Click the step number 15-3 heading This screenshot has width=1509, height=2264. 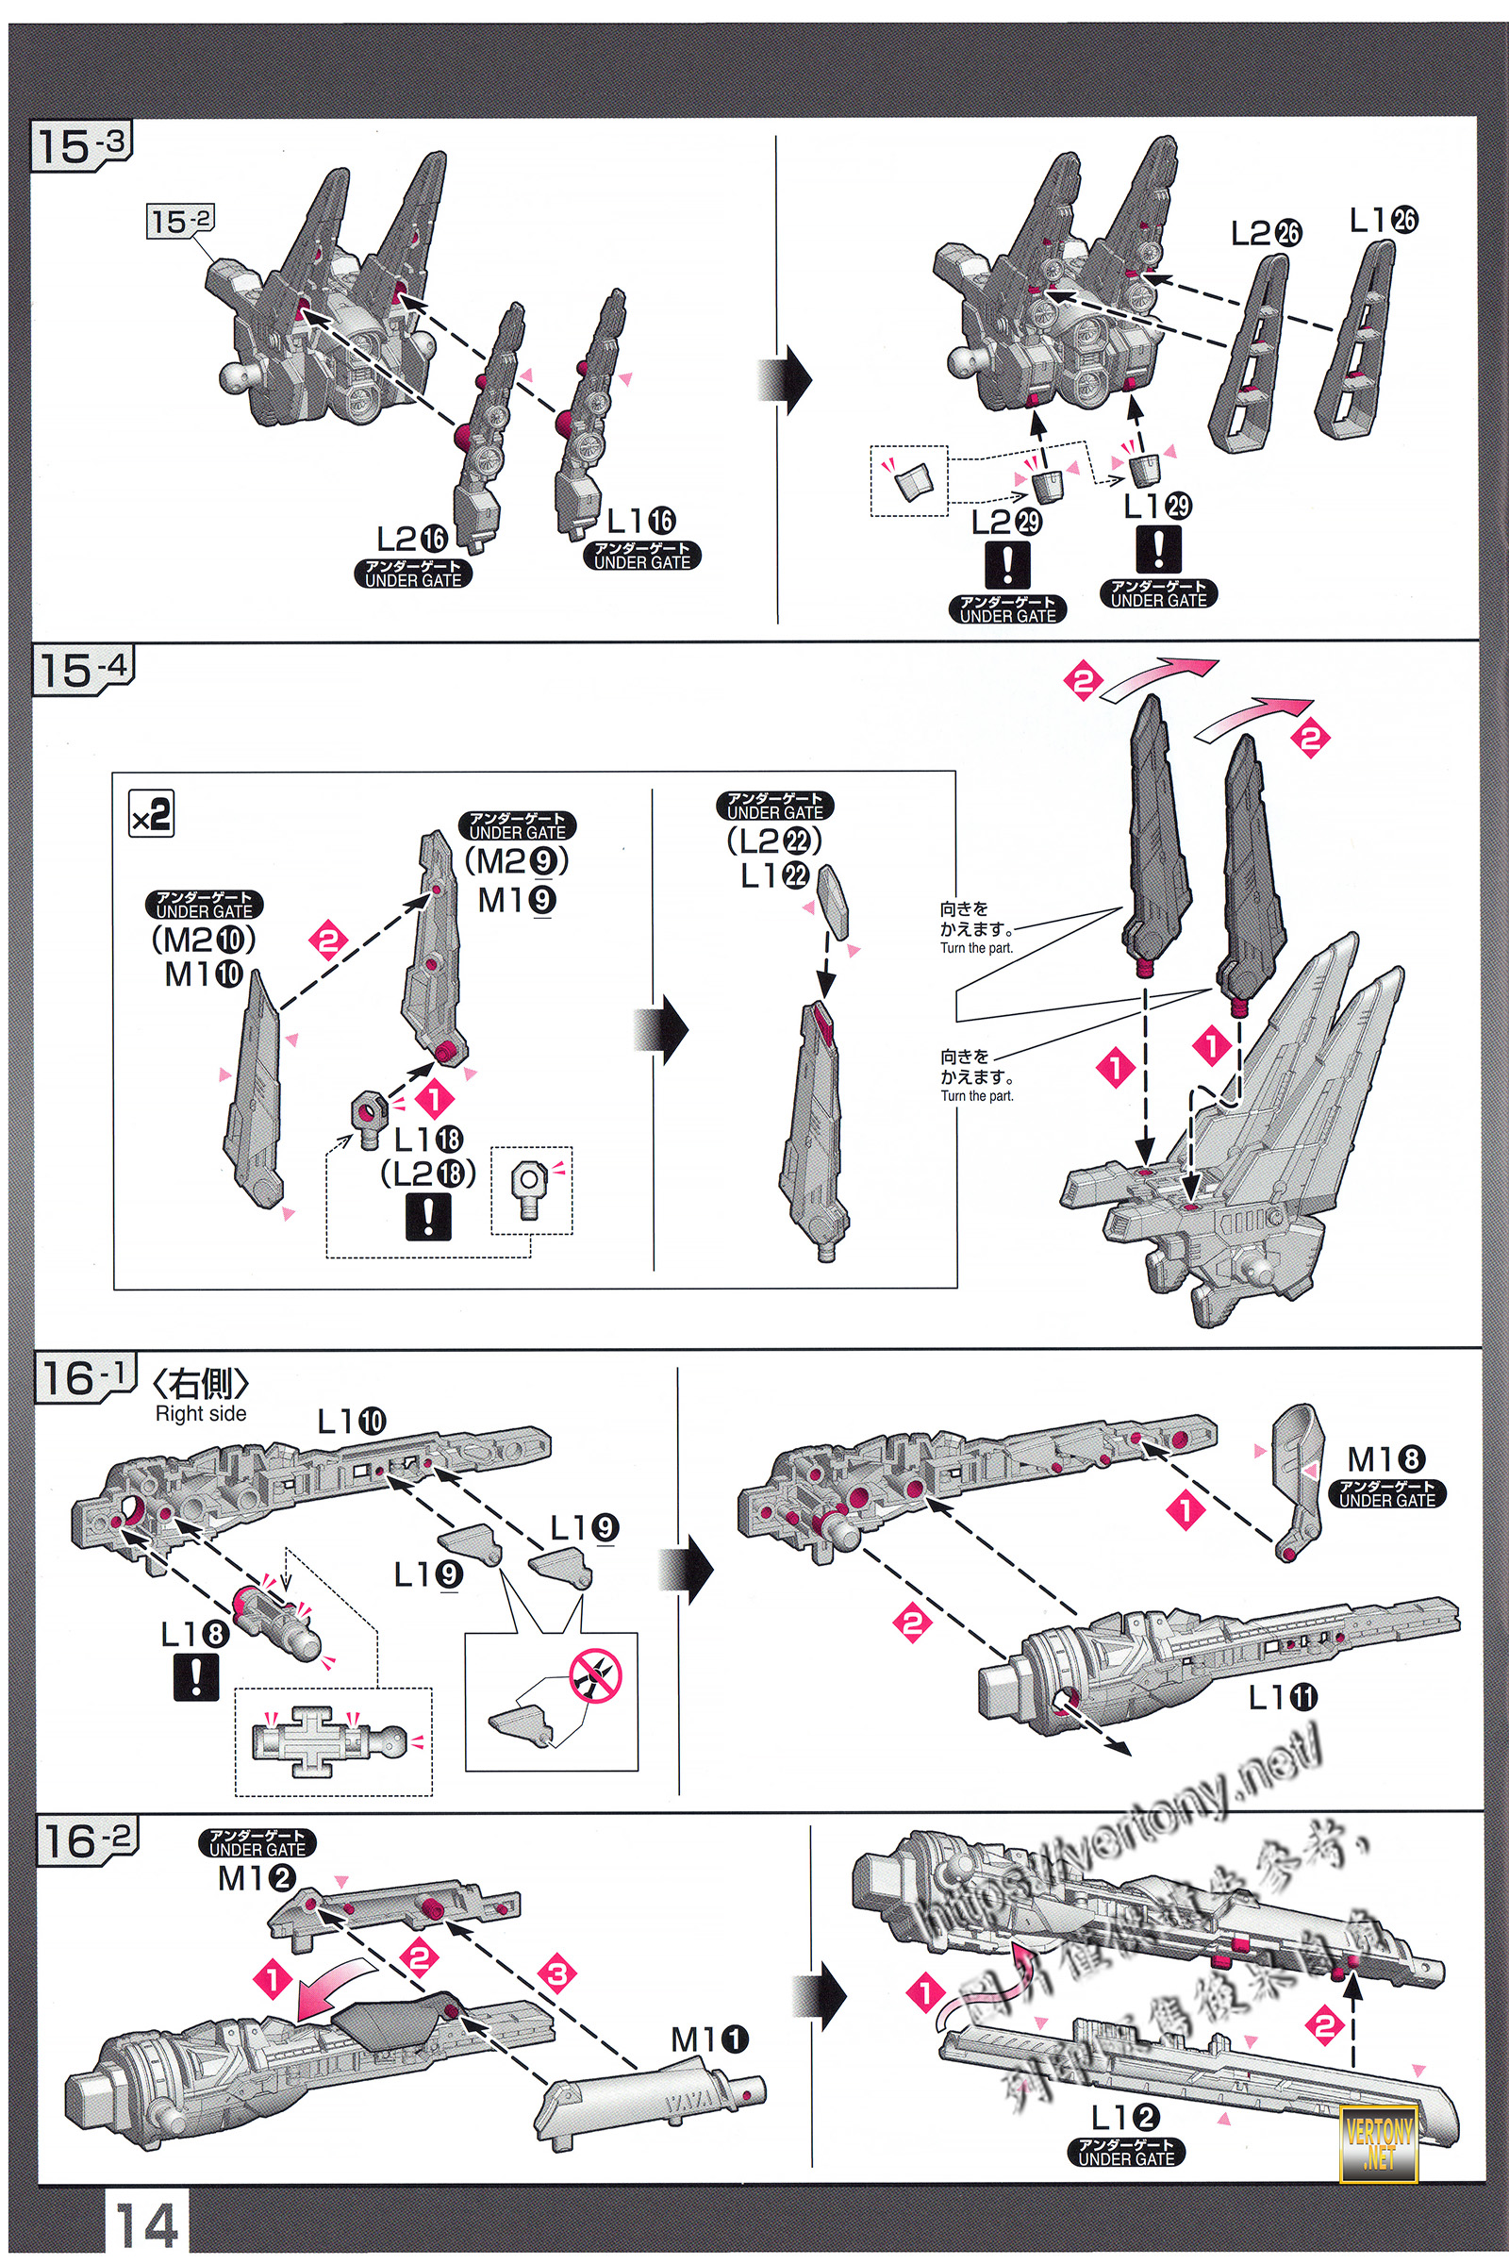pyautogui.click(x=82, y=146)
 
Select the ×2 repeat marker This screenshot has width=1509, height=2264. pyautogui.click(x=152, y=814)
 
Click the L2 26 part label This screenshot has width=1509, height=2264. pyautogui.click(x=1266, y=233)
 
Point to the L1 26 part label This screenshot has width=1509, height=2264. pyautogui.click(x=1382, y=221)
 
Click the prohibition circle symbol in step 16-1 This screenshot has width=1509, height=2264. pyautogui.click(x=595, y=1676)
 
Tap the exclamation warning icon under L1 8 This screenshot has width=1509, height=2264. pyautogui.click(x=195, y=1677)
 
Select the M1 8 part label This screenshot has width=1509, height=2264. pyautogui.click(x=1385, y=1458)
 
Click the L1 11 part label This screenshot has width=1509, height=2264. pyautogui.click(x=1282, y=1697)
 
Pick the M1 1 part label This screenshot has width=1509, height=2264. pyautogui.click(x=709, y=2039)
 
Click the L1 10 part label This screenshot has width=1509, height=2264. pyautogui.click(x=351, y=1421)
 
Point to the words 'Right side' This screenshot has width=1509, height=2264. pyautogui.click(x=200, y=1413)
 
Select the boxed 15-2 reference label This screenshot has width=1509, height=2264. pyautogui.click(x=180, y=222)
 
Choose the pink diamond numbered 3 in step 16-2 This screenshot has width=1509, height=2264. pyautogui.click(x=558, y=1974)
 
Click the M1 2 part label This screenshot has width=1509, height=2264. pyautogui.click(x=256, y=1877)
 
